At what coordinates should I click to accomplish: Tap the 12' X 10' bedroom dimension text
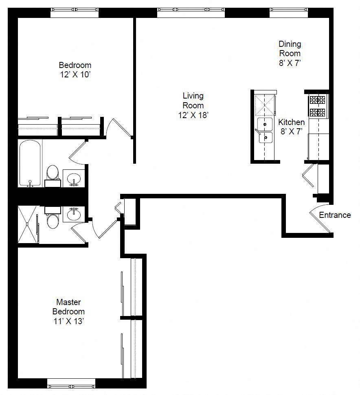click(75, 75)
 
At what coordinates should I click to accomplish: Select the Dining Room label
click(290, 48)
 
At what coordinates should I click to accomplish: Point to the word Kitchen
click(291, 122)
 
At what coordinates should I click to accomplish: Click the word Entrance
click(334, 215)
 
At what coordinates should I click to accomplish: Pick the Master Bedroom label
click(68, 307)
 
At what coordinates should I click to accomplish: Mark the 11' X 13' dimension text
click(68, 321)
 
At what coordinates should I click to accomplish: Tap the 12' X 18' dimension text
click(193, 115)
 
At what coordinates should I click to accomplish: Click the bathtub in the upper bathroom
click(30, 163)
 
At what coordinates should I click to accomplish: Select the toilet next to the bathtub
click(53, 173)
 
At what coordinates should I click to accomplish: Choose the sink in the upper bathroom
click(74, 178)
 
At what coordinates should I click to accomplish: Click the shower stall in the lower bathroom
click(27, 224)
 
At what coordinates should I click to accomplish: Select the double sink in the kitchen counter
click(264, 131)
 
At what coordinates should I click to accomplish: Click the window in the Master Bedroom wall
click(71, 383)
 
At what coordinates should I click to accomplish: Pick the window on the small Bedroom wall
click(75, 13)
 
